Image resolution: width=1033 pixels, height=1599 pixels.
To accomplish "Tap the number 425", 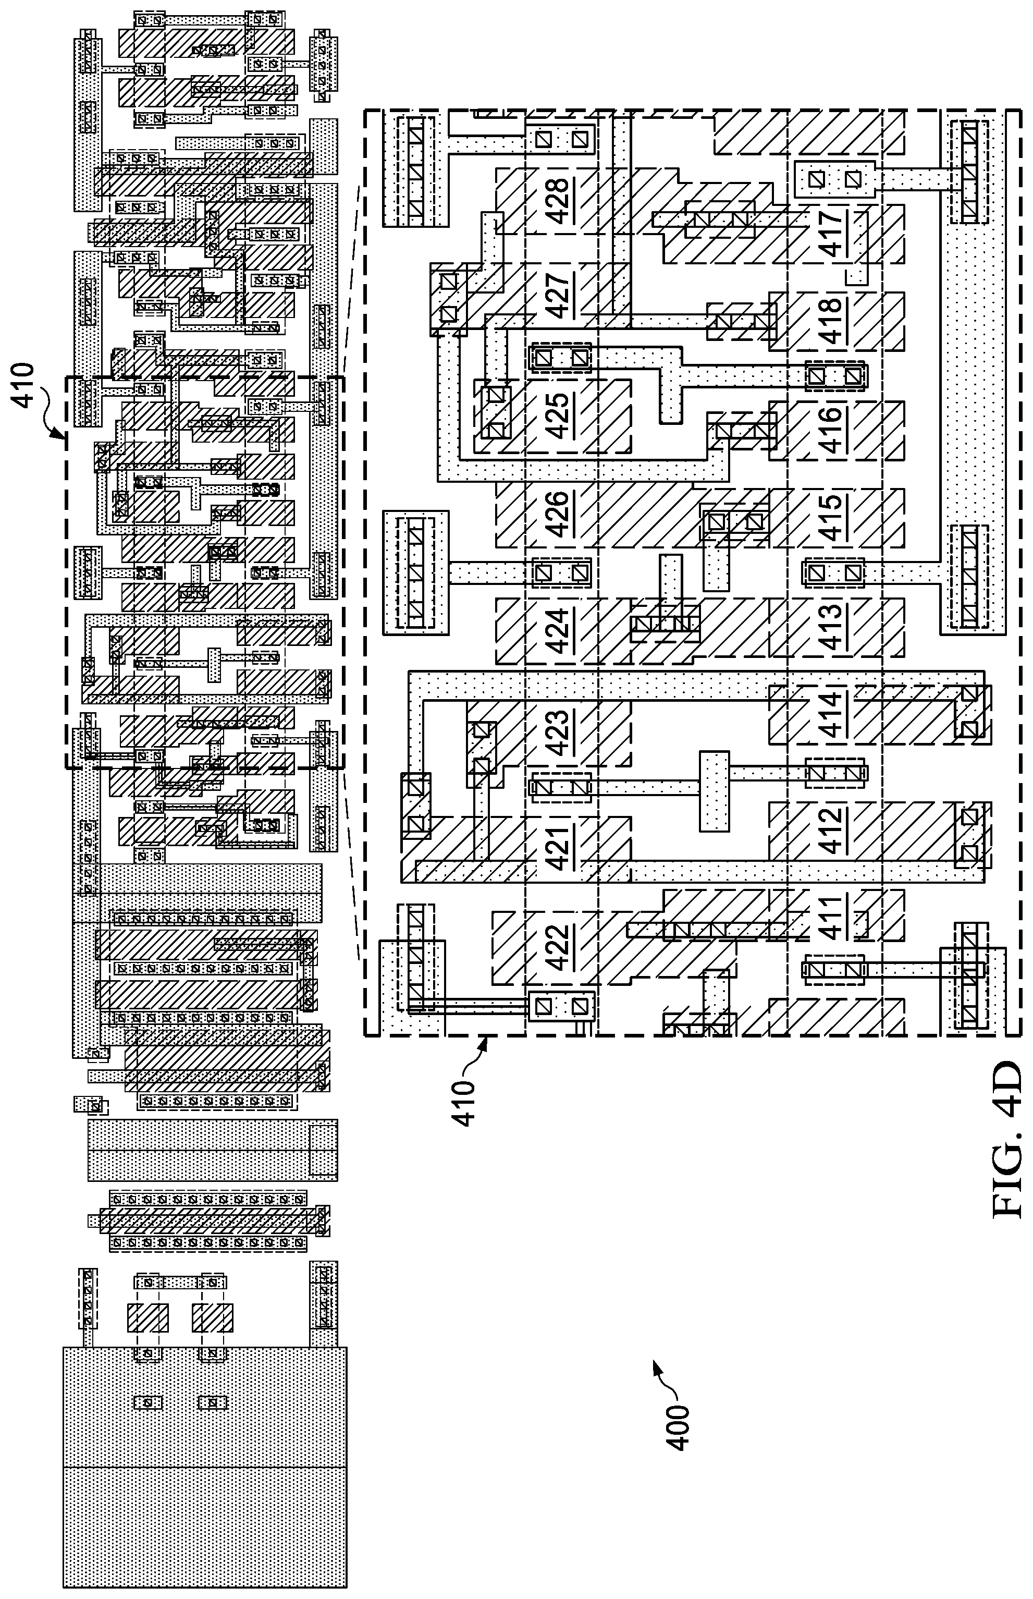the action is tap(559, 412).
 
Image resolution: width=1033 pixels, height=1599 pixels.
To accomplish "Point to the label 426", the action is tap(559, 514).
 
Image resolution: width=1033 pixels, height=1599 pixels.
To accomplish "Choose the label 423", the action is tap(559, 733).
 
